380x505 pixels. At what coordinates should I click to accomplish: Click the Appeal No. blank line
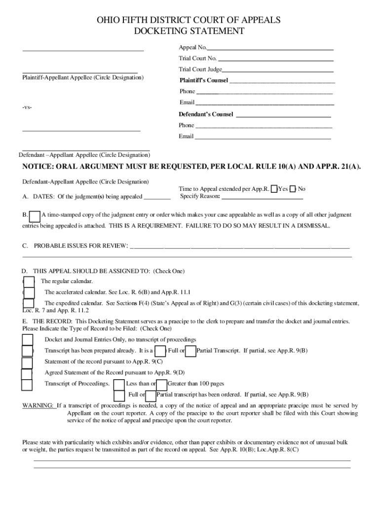(x=270, y=48)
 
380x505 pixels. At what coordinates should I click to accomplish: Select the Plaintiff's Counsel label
(x=203, y=80)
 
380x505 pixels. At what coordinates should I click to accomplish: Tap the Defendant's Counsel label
(x=206, y=114)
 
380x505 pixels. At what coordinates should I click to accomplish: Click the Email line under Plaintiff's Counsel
(x=264, y=103)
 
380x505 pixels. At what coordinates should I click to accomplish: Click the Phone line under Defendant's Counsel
(x=264, y=126)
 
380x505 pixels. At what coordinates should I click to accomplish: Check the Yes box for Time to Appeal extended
(x=274, y=189)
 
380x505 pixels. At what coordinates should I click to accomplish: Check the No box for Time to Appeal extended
(x=293, y=189)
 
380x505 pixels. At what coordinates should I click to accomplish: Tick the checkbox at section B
(x=35, y=216)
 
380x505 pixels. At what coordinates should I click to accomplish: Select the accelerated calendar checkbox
(x=29, y=292)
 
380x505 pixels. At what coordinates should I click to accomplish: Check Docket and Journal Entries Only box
(x=27, y=340)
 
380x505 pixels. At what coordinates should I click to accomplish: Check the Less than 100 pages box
(x=119, y=384)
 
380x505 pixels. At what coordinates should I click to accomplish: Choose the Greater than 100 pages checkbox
(x=161, y=384)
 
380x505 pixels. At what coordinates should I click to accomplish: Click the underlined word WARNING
(x=38, y=406)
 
